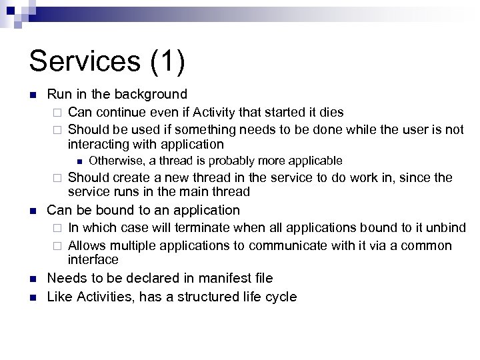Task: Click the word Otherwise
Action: coord(117,161)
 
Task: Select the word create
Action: coord(132,177)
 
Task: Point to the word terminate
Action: coord(202,229)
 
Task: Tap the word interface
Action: coord(93,259)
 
